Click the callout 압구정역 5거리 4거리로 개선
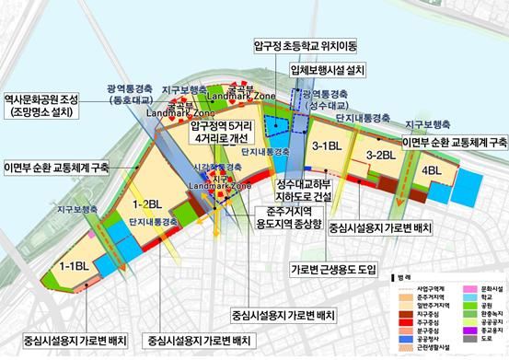[x=225, y=131]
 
